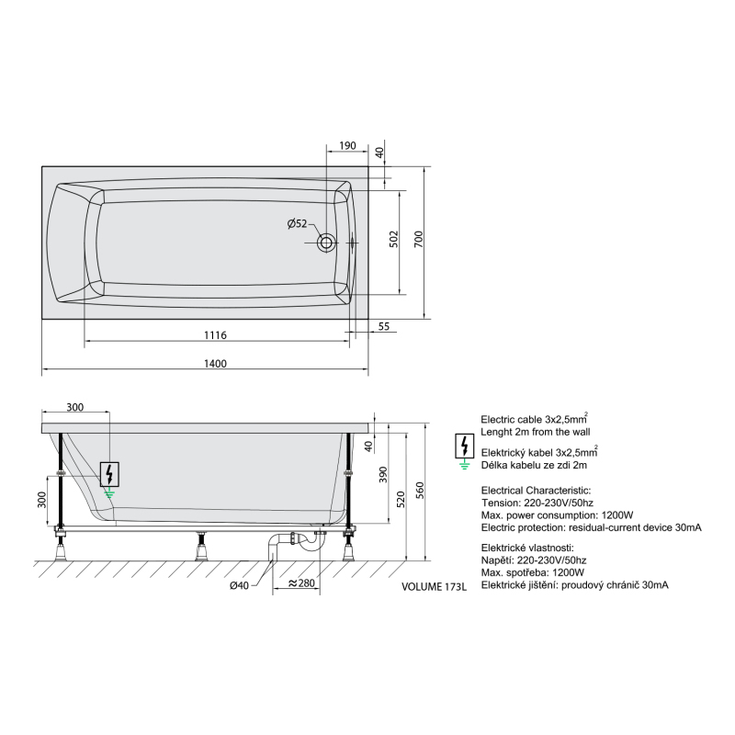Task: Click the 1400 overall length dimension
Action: tap(215, 364)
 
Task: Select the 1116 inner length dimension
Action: tap(215, 335)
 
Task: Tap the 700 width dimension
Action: tap(419, 239)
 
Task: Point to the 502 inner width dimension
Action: tap(394, 239)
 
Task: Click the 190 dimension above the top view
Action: tap(347, 146)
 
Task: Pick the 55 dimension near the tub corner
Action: tap(383, 326)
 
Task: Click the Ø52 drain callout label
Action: tap(297, 223)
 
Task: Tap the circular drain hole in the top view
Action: tap(326, 243)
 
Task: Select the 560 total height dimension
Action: tap(420, 490)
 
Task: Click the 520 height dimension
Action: tap(401, 499)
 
